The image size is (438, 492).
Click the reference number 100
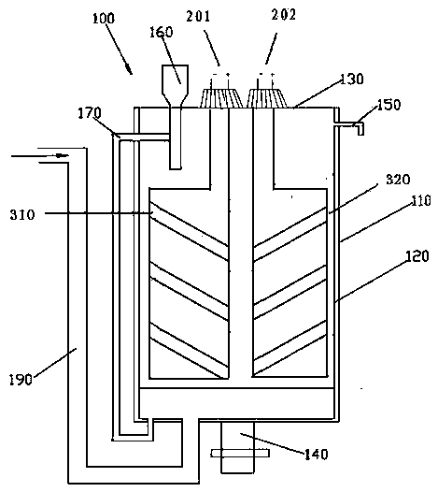[x=104, y=19]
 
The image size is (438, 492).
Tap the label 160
[x=161, y=33]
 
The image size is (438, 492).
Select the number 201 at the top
[x=198, y=16]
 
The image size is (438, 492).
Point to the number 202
[x=284, y=15]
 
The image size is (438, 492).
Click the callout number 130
[x=351, y=80]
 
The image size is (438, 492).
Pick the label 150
[x=389, y=105]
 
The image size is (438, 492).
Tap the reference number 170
[x=90, y=113]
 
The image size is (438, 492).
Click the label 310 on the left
[x=21, y=215]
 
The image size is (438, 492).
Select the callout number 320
[x=398, y=180]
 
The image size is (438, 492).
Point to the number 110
[x=421, y=200]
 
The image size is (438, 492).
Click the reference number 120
[x=417, y=256]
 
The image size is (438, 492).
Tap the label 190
[x=21, y=380]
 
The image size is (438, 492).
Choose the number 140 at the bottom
[x=317, y=454]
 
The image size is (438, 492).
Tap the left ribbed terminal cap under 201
[x=220, y=98]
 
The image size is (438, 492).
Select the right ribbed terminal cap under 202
[x=267, y=98]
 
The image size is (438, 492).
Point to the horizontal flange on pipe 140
[x=240, y=453]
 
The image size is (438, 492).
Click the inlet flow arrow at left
[x=39, y=155]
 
